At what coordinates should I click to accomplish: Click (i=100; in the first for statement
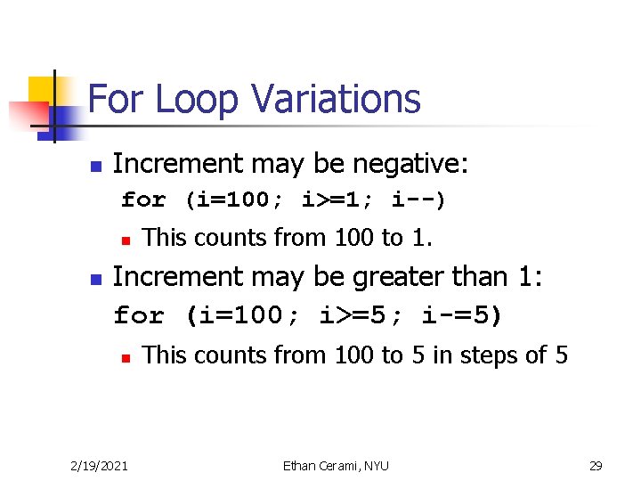coord(234,200)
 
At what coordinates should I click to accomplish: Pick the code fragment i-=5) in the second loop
coord(460,315)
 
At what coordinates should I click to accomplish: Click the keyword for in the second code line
coord(139,315)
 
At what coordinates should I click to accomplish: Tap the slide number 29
coord(596,465)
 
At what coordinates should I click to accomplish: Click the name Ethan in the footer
coord(298,465)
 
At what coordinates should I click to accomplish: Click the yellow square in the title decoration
coord(42,90)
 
